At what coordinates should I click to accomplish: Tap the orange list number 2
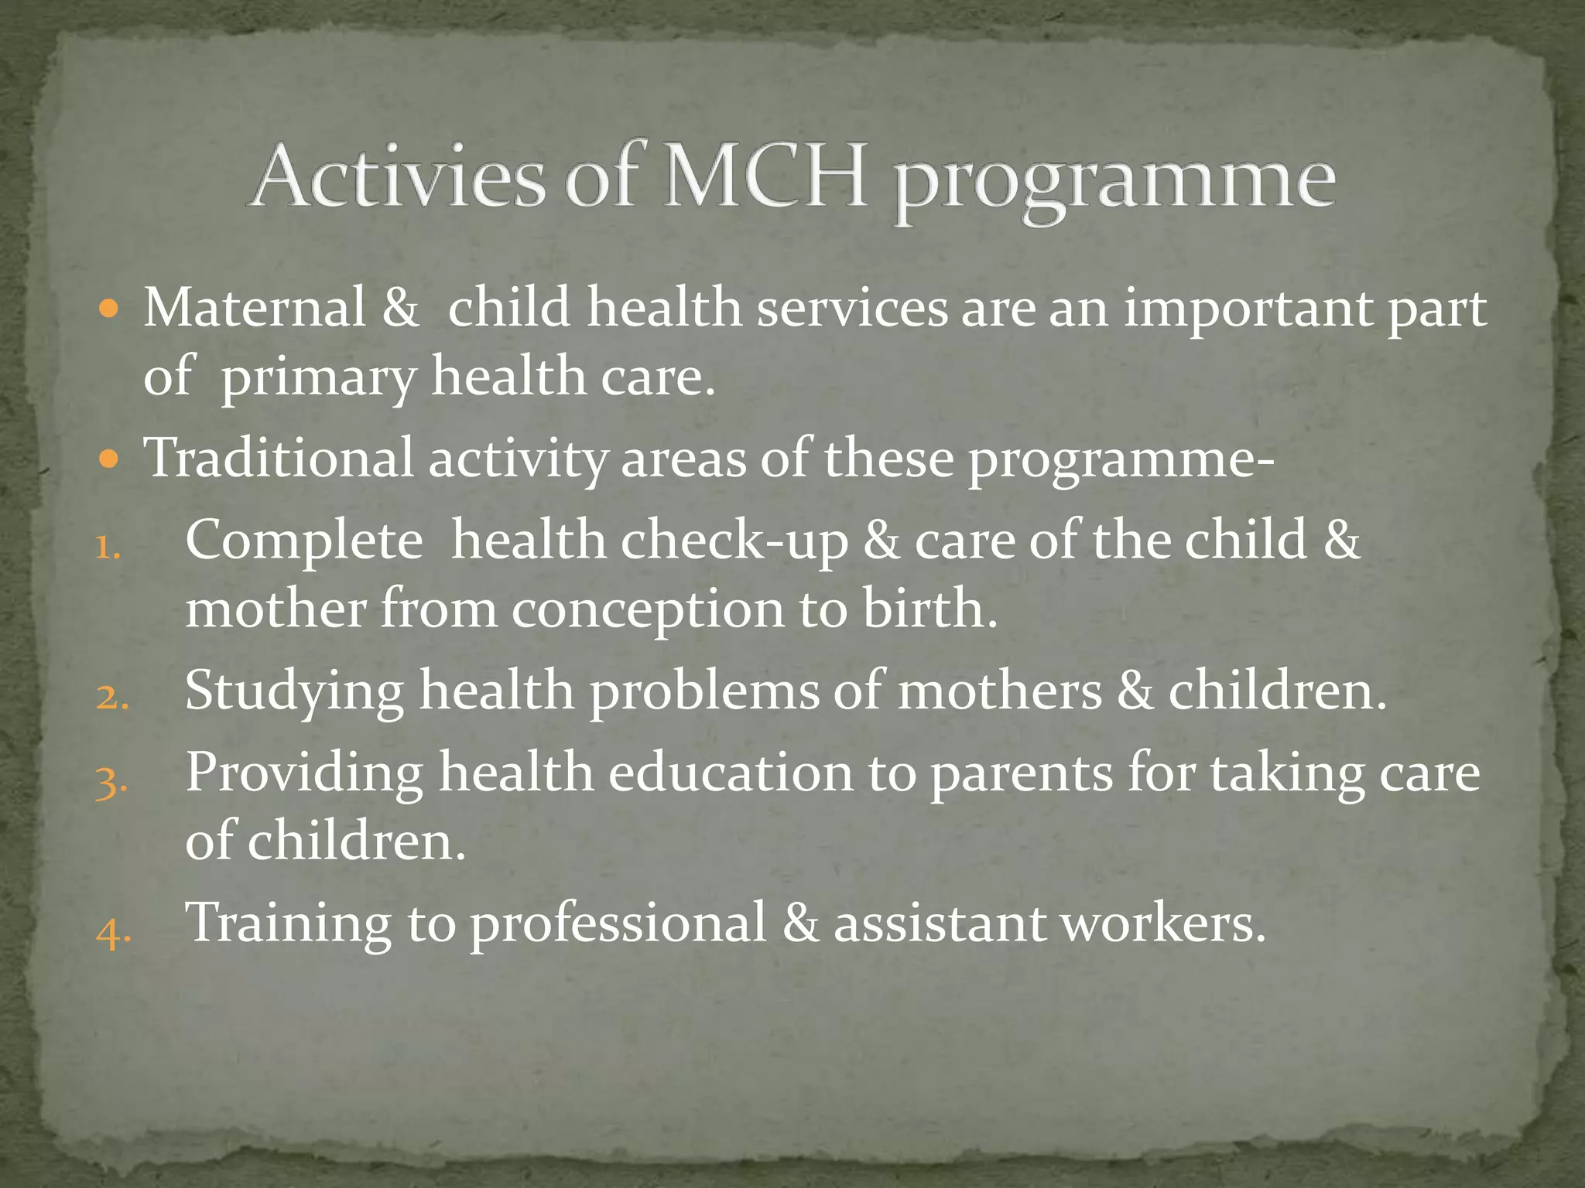point(111,698)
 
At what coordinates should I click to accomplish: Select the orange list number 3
point(111,782)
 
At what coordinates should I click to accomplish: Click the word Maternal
point(255,308)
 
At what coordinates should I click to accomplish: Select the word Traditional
point(279,458)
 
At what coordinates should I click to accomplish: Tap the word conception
point(648,611)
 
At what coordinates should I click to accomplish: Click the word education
point(730,773)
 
